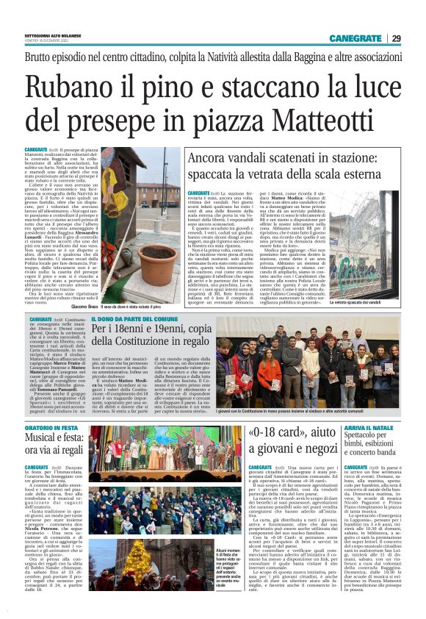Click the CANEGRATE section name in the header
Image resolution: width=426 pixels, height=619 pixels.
(x=355, y=38)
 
